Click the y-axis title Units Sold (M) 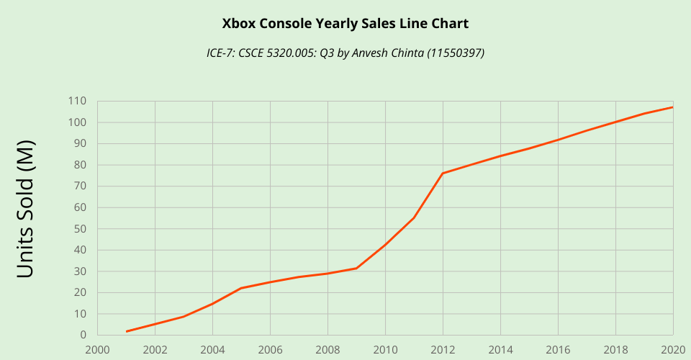click(26, 209)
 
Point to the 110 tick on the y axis click(77, 102)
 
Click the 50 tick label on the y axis click(80, 229)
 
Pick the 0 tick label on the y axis click(83, 336)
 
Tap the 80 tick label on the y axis click(80, 165)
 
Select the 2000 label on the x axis click(97, 349)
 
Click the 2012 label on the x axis click(443, 349)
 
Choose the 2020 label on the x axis click(672, 349)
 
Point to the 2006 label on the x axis click(270, 349)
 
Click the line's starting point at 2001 click(126, 331)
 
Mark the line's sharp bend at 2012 click(443, 173)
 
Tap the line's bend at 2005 click(241, 288)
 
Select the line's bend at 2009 click(356, 268)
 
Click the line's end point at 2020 click(672, 107)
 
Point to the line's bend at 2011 click(414, 217)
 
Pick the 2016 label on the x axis click(558, 349)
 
